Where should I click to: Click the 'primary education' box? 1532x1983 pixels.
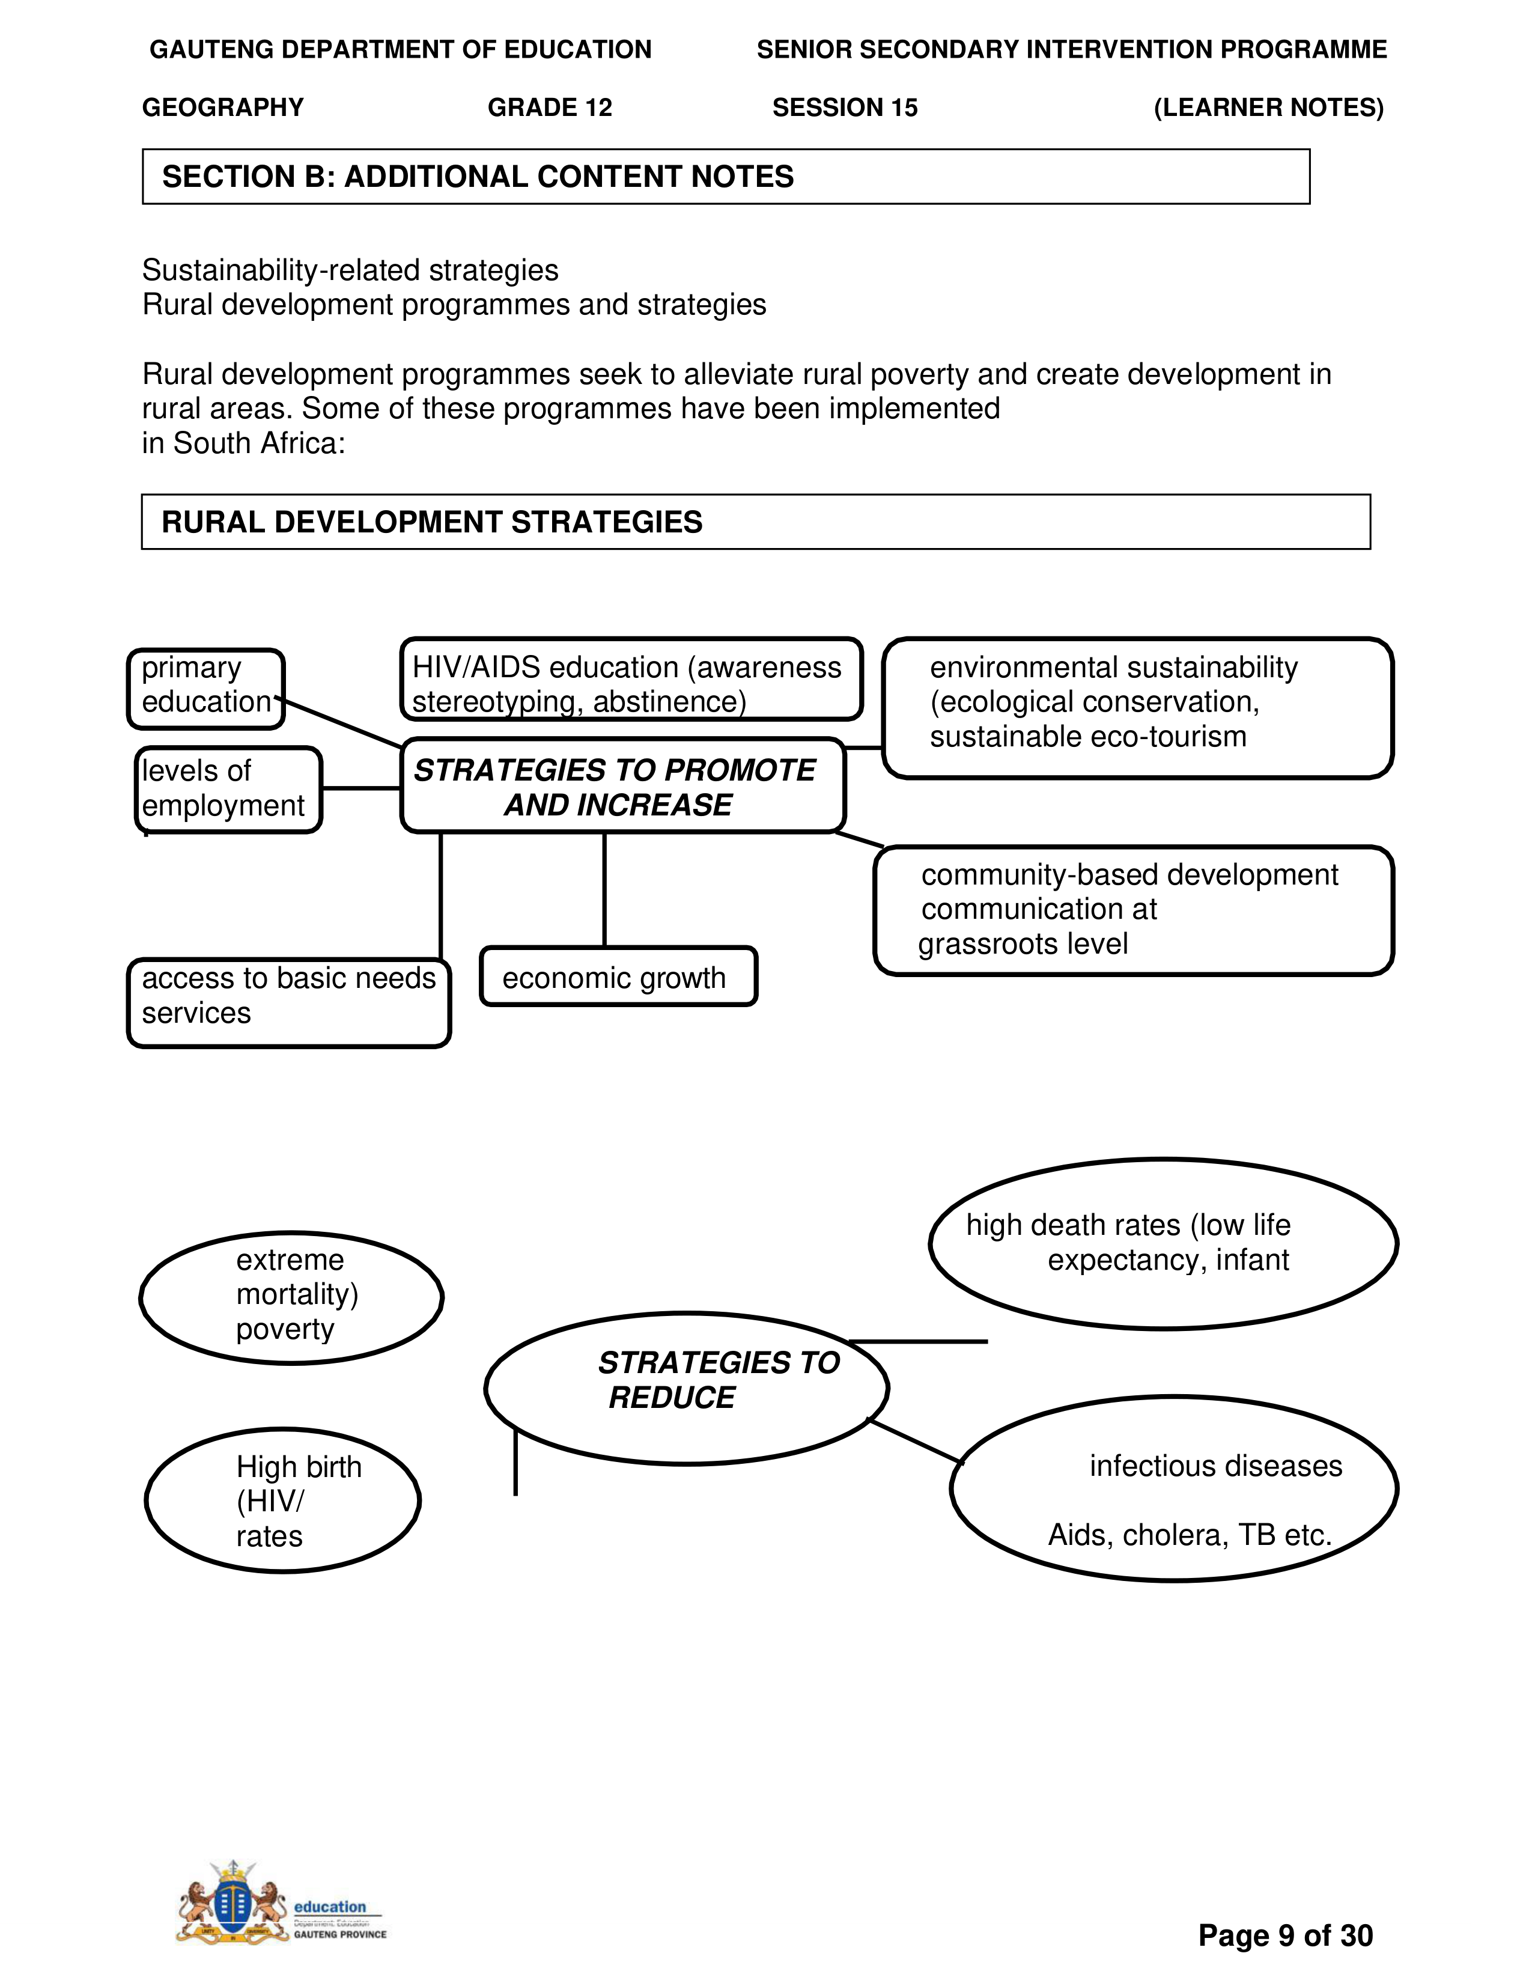(x=206, y=688)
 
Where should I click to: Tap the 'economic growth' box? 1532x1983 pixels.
(x=618, y=977)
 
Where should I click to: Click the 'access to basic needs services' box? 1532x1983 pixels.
(x=288, y=1002)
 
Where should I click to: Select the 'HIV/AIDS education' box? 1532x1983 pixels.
(x=631, y=679)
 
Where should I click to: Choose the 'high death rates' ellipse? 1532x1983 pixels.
(x=1163, y=1244)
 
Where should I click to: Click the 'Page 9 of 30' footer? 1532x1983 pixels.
(x=1285, y=1935)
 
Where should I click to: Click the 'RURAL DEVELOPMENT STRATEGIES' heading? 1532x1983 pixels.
(x=432, y=522)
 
